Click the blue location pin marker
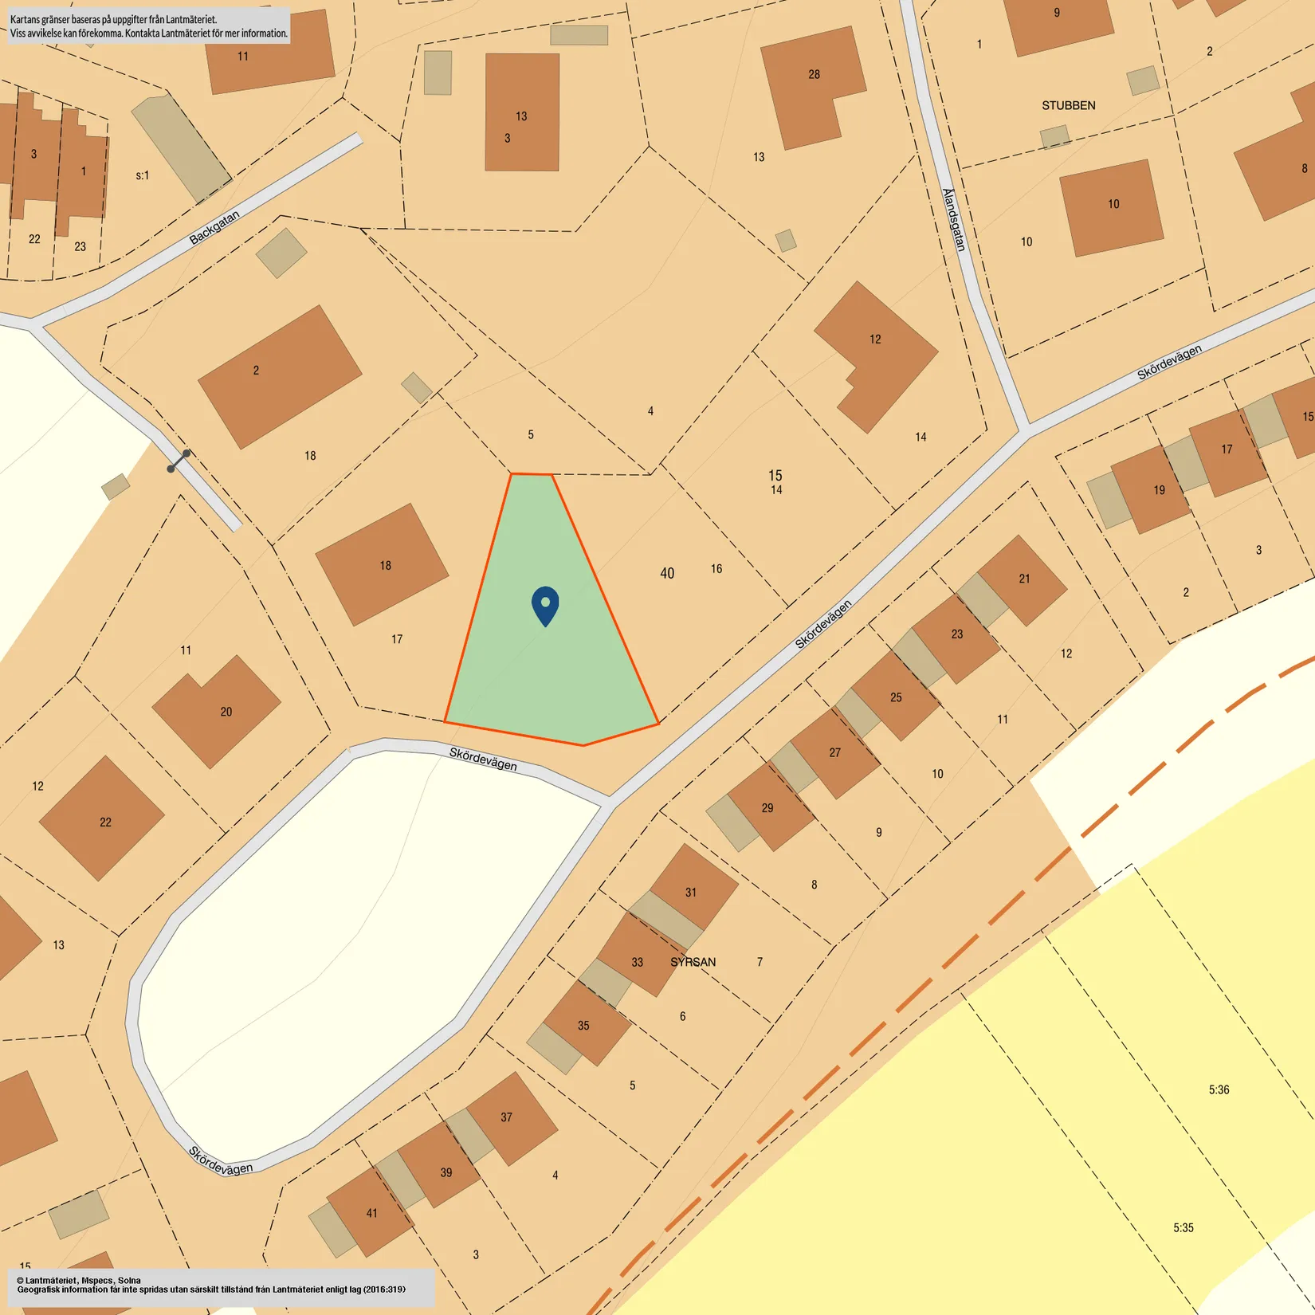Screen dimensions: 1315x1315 coord(545,605)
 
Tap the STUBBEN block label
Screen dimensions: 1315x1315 coord(1068,105)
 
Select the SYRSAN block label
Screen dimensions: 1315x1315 coord(693,962)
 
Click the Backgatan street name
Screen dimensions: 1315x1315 coord(214,227)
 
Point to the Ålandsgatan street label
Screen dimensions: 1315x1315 coord(954,220)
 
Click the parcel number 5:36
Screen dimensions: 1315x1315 coord(1219,1089)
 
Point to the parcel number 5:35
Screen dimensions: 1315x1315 coord(1183,1227)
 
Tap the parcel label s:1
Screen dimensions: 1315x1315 coord(142,175)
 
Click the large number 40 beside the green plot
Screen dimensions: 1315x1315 coord(667,573)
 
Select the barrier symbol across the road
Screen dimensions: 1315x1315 coord(179,461)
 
